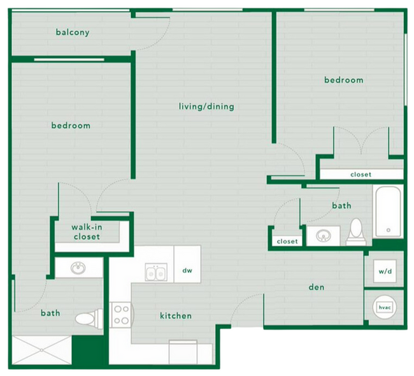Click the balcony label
pos(72,33)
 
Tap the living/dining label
pos(206,106)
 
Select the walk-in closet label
pos(85,232)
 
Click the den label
pos(317,287)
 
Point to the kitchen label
pos(176,315)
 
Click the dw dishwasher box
pos(187,271)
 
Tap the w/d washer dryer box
pos(385,271)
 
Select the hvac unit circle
pos(384,307)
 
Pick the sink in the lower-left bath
pos(79,268)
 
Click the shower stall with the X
pos(41,351)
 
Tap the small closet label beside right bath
pos(287,242)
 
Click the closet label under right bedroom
pos(360,174)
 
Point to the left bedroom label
pos(71,126)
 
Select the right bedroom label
pos(343,80)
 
